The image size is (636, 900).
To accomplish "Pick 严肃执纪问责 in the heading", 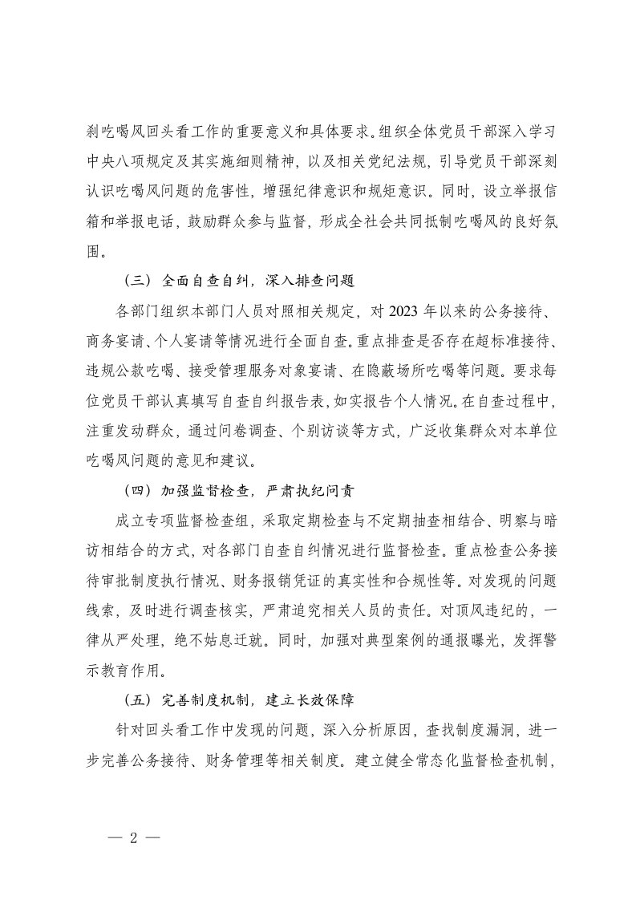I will pos(304,490).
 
